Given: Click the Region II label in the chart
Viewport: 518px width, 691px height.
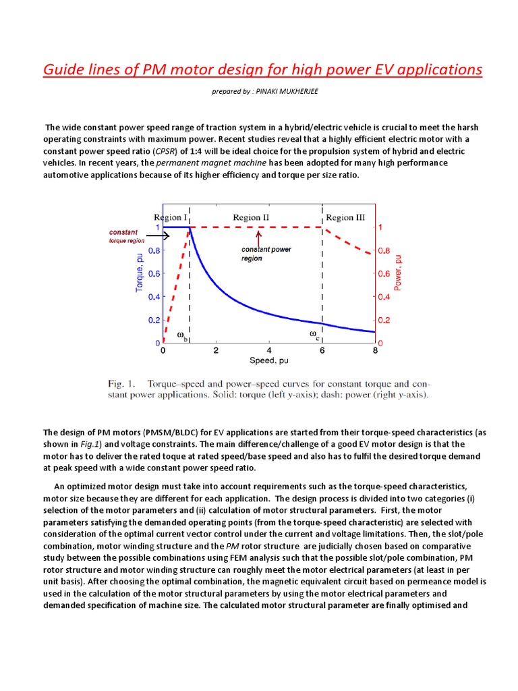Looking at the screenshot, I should point(251,217).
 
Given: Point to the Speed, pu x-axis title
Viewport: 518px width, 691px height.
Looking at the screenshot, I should point(269,361).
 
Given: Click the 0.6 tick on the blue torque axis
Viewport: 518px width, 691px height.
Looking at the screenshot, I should point(154,273).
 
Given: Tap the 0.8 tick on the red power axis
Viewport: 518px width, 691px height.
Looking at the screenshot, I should point(384,250).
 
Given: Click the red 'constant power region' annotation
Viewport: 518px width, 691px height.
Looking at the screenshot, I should point(266,254).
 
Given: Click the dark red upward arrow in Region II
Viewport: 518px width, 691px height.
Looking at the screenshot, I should point(258,237).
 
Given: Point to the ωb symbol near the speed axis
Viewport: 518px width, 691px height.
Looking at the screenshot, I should point(181,335).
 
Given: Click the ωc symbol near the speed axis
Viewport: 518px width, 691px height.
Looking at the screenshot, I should point(315,334).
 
